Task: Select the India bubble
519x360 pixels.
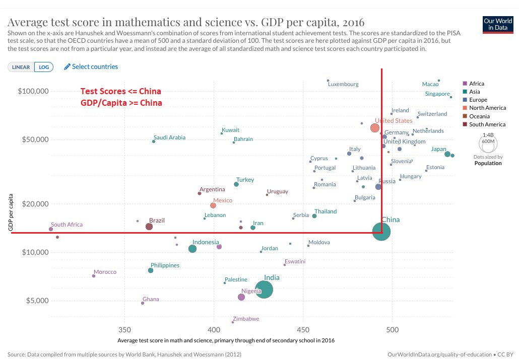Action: click(264, 289)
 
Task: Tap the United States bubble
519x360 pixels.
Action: click(375, 128)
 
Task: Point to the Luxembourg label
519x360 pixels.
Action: click(343, 84)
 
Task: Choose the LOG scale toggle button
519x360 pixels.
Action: click(44, 67)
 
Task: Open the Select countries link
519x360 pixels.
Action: click(91, 66)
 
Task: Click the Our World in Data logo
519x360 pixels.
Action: click(498, 24)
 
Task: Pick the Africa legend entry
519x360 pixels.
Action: click(477, 84)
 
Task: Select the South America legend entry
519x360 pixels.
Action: click(487, 124)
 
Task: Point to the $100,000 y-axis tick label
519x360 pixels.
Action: click(33, 91)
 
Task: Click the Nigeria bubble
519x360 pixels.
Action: click(241, 297)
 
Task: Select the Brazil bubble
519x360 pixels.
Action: click(149, 227)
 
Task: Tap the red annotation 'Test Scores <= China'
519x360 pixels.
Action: click(121, 92)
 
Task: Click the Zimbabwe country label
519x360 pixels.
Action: click(247, 319)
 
